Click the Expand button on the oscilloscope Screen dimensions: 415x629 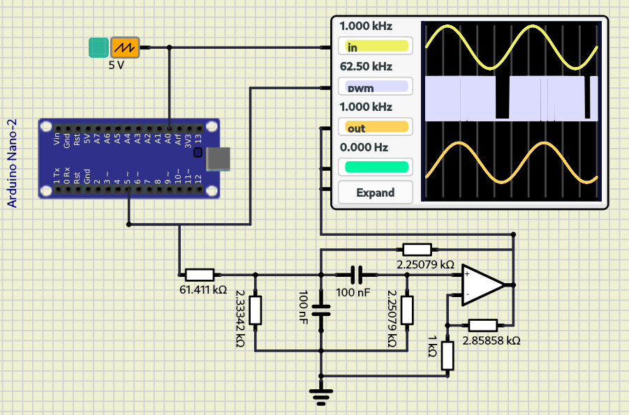pyautogui.click(x=376, y=193)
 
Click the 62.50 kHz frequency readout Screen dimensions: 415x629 pyautogui.click(x=366, y=67)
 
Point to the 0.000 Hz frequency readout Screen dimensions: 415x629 pyautogui.click(x=364, y=148)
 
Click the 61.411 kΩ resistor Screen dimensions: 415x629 pyautogui.click(x=200, y=275)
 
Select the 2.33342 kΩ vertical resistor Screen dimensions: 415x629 pyautogui.click(x=256, y=310)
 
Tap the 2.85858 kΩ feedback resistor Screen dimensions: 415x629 pyautogui.click(x=483, y=324)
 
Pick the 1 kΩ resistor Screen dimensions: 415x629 pyautogui.click(x=447, y=355)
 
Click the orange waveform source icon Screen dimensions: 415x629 pyautogui.click(x=126, y=47)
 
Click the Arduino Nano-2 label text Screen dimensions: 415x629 pyautogui.click(x=12, y=163)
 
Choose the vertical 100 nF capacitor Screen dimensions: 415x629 pyautogui.click(x=320, y=310)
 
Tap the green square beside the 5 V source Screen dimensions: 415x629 pyautogui.click(x=98, y=47)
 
